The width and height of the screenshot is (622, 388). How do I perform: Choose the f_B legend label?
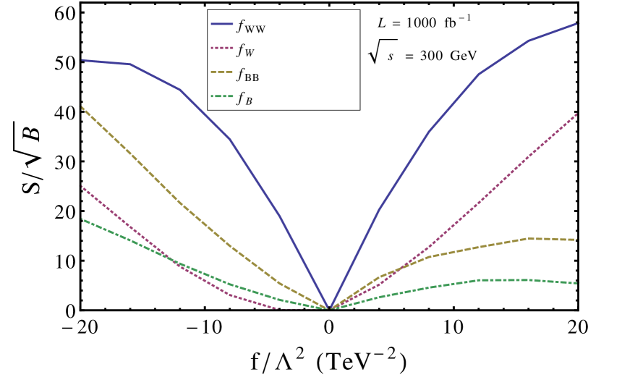(244, 98)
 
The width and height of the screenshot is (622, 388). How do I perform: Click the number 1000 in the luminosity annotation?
(421, 22)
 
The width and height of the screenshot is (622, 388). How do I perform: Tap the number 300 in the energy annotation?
(431, 56)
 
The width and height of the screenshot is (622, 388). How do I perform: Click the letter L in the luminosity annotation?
(382, 22)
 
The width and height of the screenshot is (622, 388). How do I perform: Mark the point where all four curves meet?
(330, 308)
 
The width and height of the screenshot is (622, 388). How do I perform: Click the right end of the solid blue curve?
(577, 24)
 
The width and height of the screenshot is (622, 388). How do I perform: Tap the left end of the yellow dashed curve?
(82, 107)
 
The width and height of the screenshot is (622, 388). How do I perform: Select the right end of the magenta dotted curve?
(577, 114)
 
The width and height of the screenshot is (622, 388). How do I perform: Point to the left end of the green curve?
(82, 219)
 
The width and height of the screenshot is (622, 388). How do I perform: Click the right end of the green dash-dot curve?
(578, 283)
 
